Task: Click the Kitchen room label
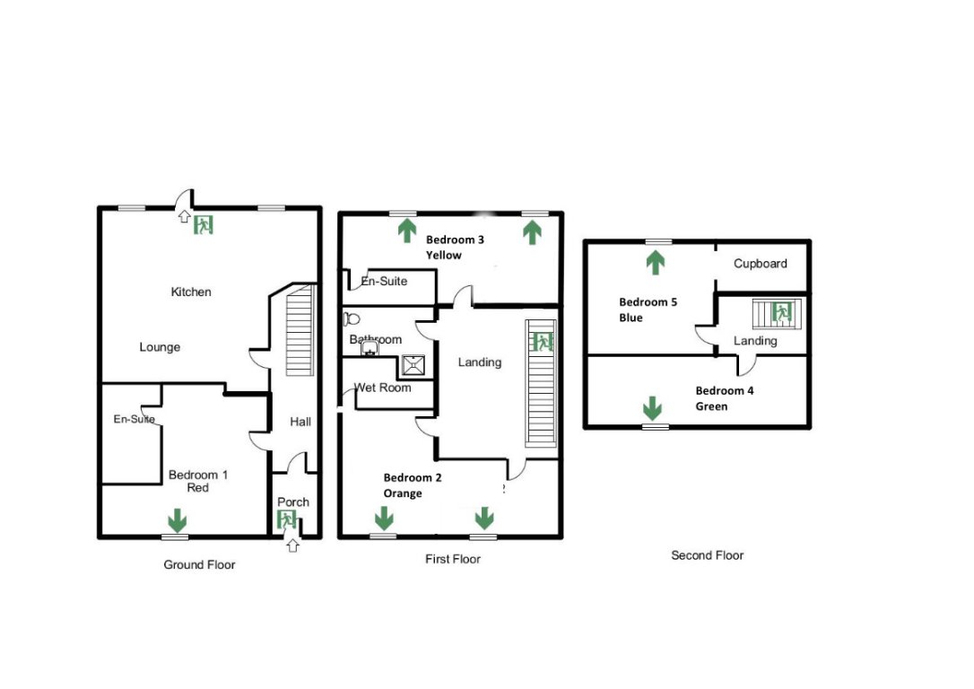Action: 191,292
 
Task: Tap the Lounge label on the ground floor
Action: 160,347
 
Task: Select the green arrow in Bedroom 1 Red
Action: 178,519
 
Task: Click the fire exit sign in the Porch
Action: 288,519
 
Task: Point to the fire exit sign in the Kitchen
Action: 204,224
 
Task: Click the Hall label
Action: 300,421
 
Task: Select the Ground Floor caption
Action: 199,564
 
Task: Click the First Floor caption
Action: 452,559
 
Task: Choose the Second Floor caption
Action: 707,555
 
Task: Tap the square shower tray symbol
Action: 413,364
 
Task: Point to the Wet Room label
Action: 382,388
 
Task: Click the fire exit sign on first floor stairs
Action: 542,342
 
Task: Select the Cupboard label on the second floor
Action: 760,263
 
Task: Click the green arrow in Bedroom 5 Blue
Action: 655,262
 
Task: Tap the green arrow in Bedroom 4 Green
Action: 652,409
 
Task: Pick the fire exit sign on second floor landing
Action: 781,313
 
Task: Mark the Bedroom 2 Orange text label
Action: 413,485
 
